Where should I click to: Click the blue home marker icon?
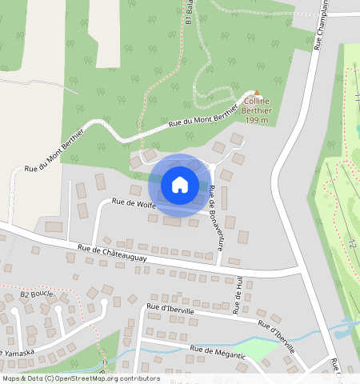click(x=180, y=185)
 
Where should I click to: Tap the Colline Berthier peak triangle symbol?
click(x=258, y=94)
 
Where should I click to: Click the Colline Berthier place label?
click(x=258, y=106)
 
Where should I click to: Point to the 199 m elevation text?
click(x=257, y=120)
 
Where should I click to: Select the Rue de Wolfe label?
click(x=134, y=203)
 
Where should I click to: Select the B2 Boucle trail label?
click(x=37, y=294)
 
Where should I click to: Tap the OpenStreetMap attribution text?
click(x=80, y=378)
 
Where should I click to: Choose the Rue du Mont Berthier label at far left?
click(x=54, y=155)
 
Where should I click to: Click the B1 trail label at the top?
click(x=190, y=12)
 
